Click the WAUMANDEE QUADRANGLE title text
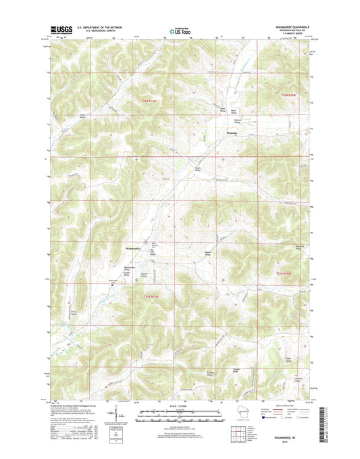286,28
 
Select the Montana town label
231,132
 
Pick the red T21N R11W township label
152,297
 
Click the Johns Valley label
83,115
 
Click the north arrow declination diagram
120,412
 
